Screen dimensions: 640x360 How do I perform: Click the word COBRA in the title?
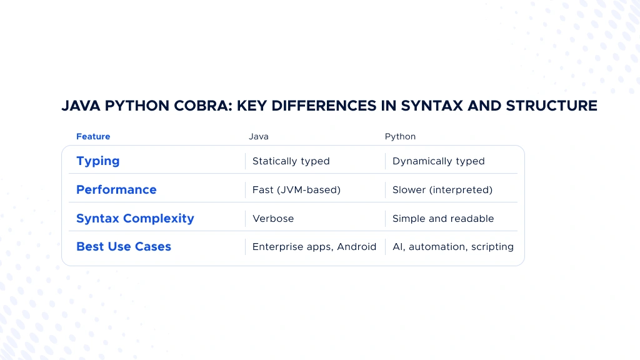[203, 106]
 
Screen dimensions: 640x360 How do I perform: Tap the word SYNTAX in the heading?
[432, 106]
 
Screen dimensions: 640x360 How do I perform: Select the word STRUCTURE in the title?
[551, 106]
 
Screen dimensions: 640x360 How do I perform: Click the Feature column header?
[93, 136]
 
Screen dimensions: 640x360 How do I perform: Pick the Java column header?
[259, 136]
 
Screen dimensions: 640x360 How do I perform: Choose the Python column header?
[400, 137]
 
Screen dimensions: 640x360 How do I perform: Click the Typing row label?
[98, 161]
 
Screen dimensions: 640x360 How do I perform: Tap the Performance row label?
[116, 189]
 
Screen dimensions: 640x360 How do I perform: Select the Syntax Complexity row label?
[135, 219]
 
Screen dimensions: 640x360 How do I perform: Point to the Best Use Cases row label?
[124, 246]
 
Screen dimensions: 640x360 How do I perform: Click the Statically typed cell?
[291, 161]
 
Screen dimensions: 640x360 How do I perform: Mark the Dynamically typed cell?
[438, 161]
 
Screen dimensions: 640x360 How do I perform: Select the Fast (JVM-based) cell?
[296, 190]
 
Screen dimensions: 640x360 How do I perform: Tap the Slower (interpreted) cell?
[442, 190]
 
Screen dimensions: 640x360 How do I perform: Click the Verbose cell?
[273, 218]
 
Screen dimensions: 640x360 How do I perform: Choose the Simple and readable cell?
[443, 218]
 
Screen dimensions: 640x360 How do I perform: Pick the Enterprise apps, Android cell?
[314, 247]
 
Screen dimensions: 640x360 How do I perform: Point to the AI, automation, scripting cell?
[453, 247]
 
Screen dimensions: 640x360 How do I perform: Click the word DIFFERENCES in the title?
[324, 106]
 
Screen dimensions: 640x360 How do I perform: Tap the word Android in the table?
[356, 246]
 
